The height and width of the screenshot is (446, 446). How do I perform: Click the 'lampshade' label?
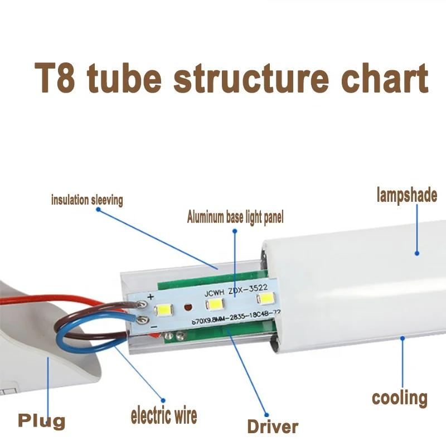406,195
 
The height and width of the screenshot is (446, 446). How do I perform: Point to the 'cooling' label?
400,397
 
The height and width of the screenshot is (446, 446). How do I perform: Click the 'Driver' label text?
273,427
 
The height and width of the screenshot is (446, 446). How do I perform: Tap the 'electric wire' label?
164,415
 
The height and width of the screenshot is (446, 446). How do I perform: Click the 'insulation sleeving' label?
87,200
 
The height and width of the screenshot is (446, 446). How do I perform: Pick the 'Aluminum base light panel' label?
235,217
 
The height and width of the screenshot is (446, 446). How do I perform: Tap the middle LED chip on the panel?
214,305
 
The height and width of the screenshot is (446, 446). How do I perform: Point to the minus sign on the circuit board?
154,327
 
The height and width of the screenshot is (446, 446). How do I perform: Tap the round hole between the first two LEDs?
188,307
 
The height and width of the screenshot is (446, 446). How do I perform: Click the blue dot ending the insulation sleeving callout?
98,210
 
